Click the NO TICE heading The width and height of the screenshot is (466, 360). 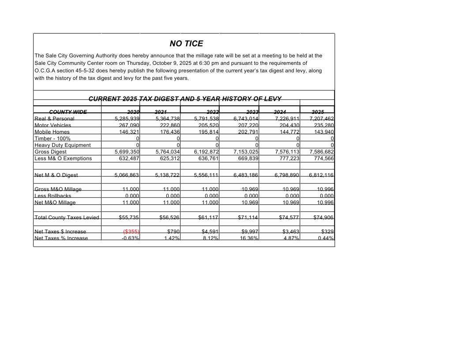click(186, 44)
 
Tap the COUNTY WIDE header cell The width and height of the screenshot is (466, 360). click(68, 112)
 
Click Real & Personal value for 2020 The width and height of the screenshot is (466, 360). click(127, 119)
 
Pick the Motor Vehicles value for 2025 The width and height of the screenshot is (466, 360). click(323, 125)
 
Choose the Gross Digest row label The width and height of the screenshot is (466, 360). click(51, 152)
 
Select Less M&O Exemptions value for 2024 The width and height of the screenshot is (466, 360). click(287, 158)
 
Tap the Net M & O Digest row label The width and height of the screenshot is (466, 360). click(56, 176)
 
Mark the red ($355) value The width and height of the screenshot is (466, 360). click(132, 232)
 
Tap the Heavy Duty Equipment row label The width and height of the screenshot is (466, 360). click(63, 145)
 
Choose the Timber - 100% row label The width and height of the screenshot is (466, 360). click(52, 139)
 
